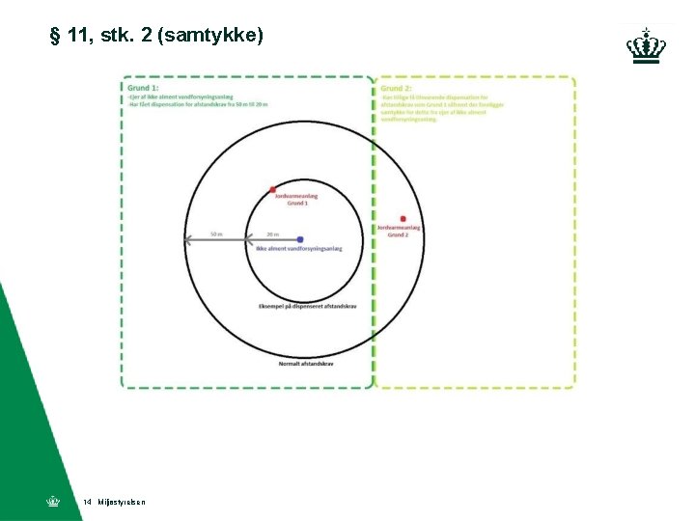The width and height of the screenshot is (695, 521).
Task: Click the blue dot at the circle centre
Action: tap(300, 239)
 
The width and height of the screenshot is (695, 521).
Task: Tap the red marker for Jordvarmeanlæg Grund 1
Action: tap(273, 189)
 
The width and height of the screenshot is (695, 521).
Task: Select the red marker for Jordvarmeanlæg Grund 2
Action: tap(403, 219)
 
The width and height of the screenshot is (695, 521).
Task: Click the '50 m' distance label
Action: tap(216, 233)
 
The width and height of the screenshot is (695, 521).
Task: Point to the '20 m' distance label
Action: tap(272, 233)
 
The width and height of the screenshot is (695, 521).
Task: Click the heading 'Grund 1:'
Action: tap(142, 88)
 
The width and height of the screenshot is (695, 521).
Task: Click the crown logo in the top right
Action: tap(646, 44)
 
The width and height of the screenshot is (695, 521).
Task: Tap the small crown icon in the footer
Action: tap(53, 502)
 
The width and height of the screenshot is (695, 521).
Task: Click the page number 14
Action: tap(87, 503)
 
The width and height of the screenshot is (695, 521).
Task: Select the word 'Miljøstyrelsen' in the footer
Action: tap(122, 503)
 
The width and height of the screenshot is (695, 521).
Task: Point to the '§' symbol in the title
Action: tap(55, 37)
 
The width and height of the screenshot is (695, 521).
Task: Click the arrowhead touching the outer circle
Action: tap(189, 239)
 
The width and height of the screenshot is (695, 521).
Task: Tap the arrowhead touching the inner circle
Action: tap(248, 239)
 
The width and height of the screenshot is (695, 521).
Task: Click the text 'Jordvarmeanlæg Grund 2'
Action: tap(399, 232)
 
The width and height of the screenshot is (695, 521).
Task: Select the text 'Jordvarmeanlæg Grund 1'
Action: tap(296, 200)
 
